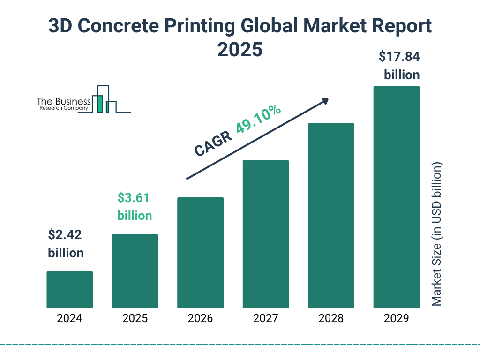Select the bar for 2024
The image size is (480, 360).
[69, 290]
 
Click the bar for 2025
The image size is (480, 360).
[135, 271]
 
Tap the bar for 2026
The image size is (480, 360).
[200, 253]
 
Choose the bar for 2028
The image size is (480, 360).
[331, 216]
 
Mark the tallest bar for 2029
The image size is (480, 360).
[396, 197]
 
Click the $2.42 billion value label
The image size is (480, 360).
[66, 243]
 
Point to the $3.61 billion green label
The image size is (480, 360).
[135, 206]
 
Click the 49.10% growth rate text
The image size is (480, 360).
[258, 120]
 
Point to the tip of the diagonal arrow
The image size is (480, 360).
[328, 99]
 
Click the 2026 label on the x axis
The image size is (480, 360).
[200, 319]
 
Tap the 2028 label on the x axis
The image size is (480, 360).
[331, 319]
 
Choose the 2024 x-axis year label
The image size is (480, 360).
[69, 319]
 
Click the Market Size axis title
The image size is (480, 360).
[437, 234]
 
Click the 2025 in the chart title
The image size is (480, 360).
[240, 49]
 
